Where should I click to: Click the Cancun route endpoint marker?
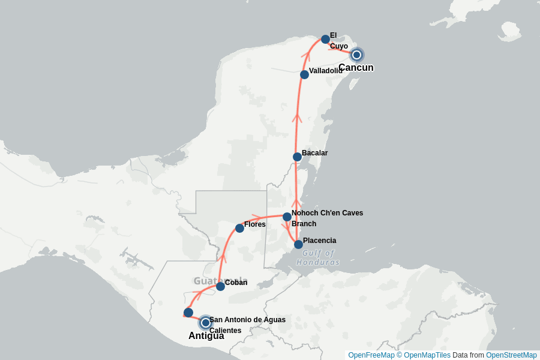click(356, 55)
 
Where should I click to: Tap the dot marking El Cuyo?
click(325, 39)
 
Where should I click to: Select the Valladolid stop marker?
click(304, 74)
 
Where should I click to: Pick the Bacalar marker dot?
click(297, 157)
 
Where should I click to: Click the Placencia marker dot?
click(298, 244)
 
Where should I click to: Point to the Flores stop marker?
click(239, 228)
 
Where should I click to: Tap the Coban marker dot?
click(220, 286)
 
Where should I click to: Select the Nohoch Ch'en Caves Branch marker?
click(287, 217)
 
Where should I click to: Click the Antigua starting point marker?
click(205, 323)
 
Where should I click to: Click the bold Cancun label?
click(356, 68)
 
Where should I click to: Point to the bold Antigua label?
click(206, 336)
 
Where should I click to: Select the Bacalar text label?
click(314, 153)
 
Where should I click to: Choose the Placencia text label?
click(319, 241)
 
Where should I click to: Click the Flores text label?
click(254, 224)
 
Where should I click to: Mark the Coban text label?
click(236, 283)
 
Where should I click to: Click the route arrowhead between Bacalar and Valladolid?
click(296, 118)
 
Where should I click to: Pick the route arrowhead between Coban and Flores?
click(223, 259)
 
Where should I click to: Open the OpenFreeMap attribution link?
click(371, 355)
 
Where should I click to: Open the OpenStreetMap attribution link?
click(511, 355)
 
